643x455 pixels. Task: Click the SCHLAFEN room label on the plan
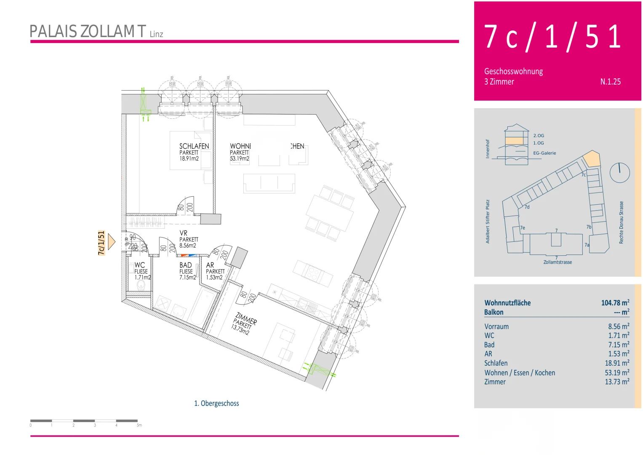pos(194,146)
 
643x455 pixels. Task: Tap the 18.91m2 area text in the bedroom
pos(189,159)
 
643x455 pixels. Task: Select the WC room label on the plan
pos(140,265)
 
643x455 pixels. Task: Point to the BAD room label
pos(186,265)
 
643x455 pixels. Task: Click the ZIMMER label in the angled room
pos(246,318)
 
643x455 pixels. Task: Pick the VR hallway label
pos(183,233)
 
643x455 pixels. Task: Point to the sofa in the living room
pos(269,184)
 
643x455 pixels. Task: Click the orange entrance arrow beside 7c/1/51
pos(112,242)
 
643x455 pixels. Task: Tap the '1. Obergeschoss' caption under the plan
pos(216,403)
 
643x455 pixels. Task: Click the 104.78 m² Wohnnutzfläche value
pos(615,302)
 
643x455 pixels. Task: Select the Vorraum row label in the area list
pos(496,327)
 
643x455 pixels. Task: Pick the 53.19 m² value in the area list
pos(617,372)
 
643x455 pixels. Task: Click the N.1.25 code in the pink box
pos(610,82)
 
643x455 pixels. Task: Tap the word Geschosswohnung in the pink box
pos(513,71)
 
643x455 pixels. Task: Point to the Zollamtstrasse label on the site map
pos(558,262)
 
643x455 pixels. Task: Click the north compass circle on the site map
pos(620,173)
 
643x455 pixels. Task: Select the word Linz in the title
pos(156,34)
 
